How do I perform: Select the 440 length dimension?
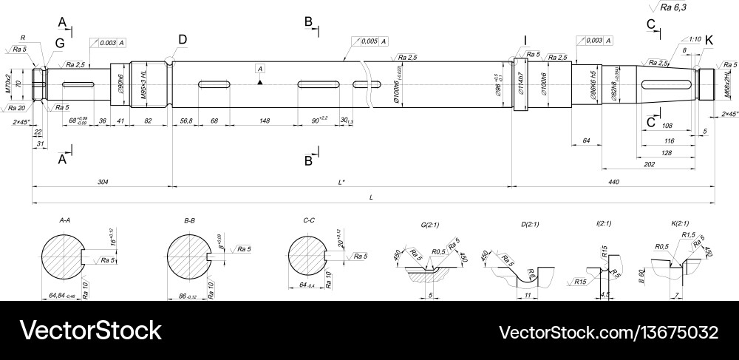point(613,180)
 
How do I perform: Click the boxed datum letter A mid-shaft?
point(260,69)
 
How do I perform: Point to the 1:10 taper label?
point(694,38)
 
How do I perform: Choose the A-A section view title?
point(64,220)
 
